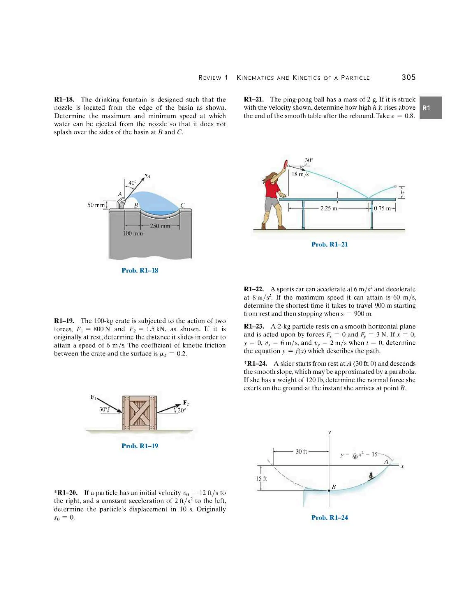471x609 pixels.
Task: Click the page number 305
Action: pos(408,77)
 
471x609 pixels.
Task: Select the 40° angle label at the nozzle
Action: pos(132,183)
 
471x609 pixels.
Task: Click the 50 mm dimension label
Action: pos(96,205)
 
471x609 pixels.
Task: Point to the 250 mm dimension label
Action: pos(160,226)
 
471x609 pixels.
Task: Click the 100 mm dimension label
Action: pos(133,233)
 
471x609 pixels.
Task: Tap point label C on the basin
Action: pos(182,205)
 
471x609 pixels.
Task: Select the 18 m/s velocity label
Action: pos(300,174)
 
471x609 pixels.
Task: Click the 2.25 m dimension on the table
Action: pos(328,208)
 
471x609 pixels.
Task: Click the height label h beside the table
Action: pos(402,192)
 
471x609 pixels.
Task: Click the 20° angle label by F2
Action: pos(181,410)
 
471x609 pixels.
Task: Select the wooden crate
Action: pos(140,413)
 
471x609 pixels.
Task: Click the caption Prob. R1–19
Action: pos(140,446)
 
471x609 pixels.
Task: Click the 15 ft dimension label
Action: pos(261,478)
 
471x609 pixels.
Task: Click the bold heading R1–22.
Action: pos(254,289)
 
